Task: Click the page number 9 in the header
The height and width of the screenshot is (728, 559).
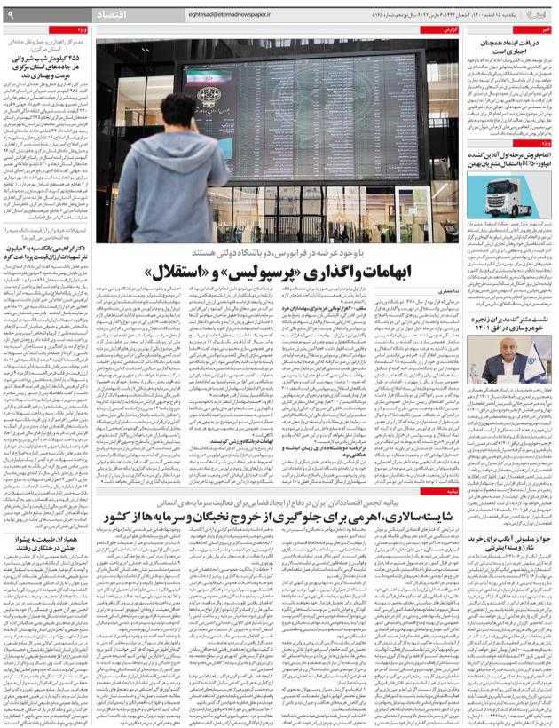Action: coord(10,15)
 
